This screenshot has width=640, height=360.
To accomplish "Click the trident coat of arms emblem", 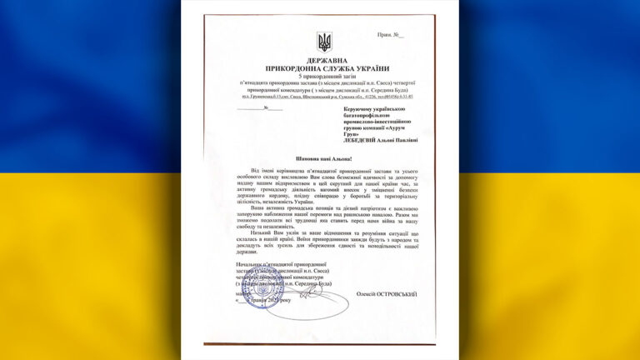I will click(324, 41).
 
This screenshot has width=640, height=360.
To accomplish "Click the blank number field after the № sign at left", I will click(267, 109).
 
